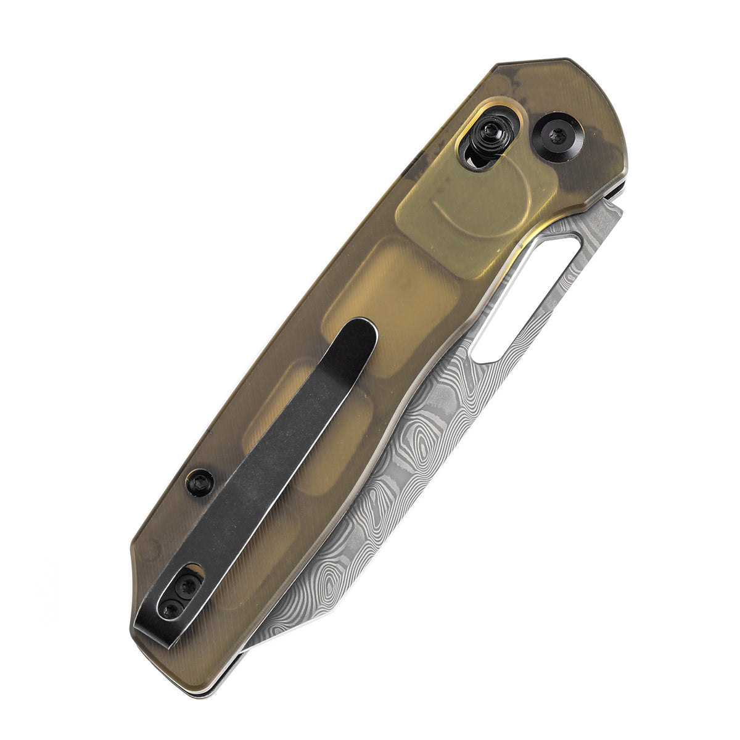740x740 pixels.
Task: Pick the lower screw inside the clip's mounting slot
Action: [171, 609]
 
